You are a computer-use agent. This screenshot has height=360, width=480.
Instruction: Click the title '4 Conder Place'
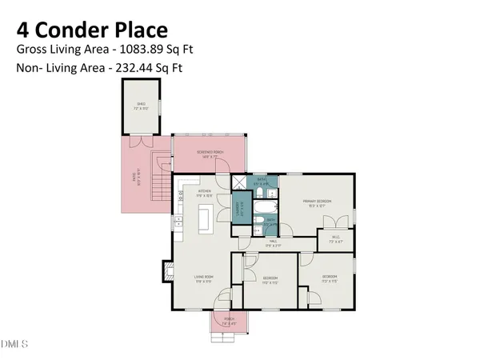(x=92, y=30)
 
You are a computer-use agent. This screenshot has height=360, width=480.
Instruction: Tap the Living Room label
(x=203, y=278)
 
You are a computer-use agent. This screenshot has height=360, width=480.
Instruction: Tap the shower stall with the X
(x=241, y=182)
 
